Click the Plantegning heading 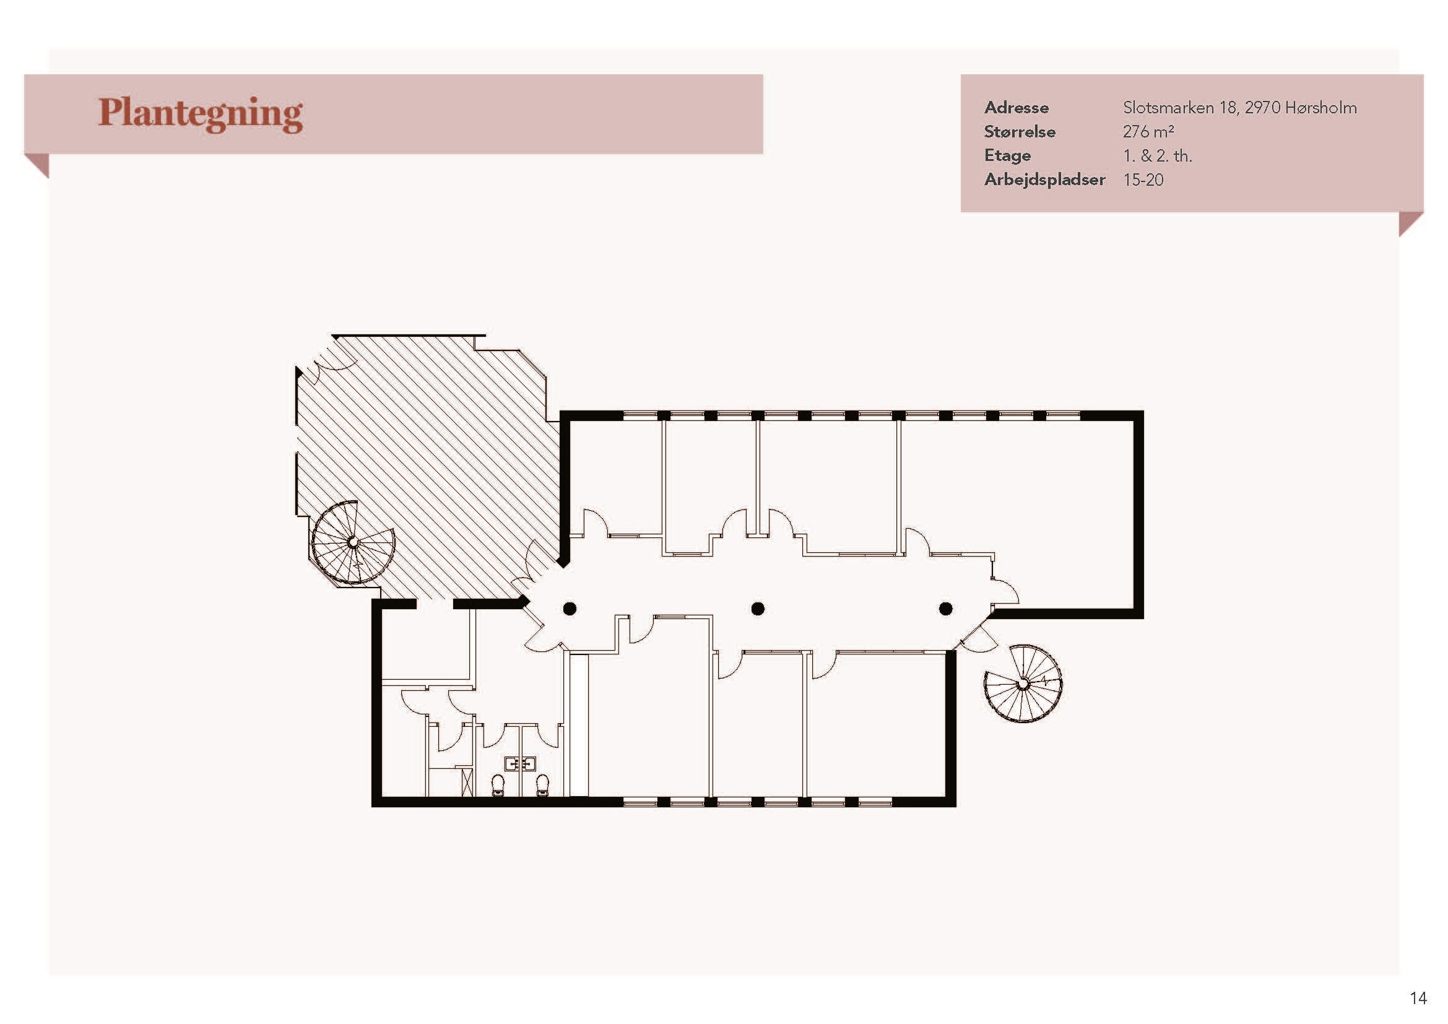pos(201,114)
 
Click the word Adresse pos(1016,108)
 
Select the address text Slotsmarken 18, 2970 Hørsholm pos(1239,108)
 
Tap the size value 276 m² pos(1148,132)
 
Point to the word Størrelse pos(1019,132)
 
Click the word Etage pos(1007,156)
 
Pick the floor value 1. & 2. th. pos(1157,156)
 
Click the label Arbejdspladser pos(1044,180)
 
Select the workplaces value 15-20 pos(1143,180)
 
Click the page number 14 pos(1418,997)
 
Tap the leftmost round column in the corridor pos(570,609)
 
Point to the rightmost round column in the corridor pos(945,609)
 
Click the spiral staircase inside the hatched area pos(353,542)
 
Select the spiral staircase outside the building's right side pos(1023,683)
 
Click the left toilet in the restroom pos(498,785)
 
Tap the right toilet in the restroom pos(542,785)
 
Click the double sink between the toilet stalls pos(520,764)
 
